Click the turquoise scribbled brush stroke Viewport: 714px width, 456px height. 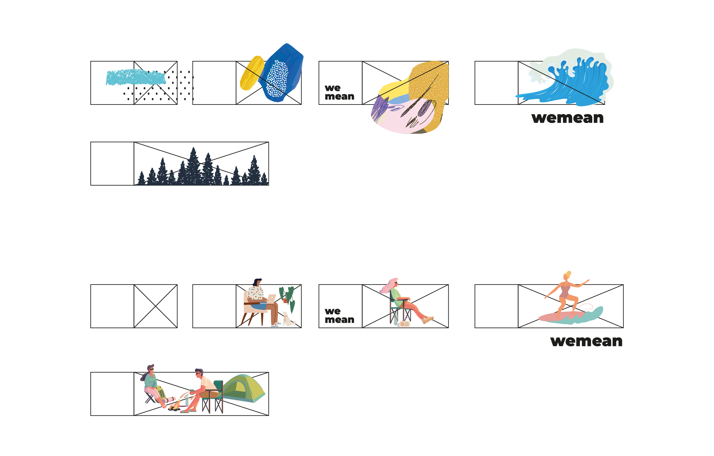[x=136, y=77]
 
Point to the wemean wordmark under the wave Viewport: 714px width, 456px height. [x=568, y=118]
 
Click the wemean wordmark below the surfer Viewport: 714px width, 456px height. [x=587, y=341]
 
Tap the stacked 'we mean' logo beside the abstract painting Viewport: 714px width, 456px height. [x=340, y=92]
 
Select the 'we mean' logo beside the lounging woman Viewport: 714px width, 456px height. [x=340, y=316]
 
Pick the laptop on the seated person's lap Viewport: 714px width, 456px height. [x=271, y=298]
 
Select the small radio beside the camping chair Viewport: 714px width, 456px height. [x=405, y=324]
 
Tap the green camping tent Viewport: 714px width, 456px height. [x=244, y=388]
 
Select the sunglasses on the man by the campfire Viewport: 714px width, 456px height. [x=198, y=373]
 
